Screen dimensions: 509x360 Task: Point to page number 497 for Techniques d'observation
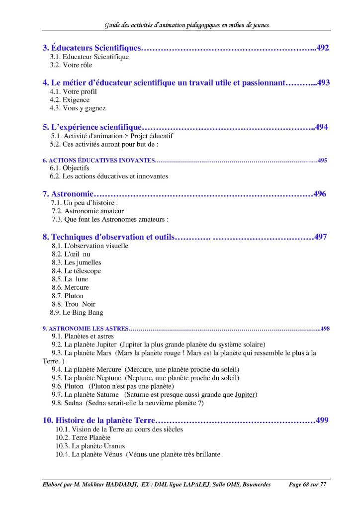pyautogui.click(x=321, y=237)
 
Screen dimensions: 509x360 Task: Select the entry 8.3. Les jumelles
pyautogui.click(x=77, y=262)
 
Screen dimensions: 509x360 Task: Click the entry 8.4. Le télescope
pyautogui.click(x=76, y=271)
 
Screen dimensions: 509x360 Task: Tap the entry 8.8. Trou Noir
pyautogui.click(x=74, y=304)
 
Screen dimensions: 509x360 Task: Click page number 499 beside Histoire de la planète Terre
pyautogui.click(x=322, y=421)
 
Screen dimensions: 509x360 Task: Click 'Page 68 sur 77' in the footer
pyautogui.click(x=309, y=485)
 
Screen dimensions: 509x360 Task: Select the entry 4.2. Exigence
pyautogui.click(x=70, y=100)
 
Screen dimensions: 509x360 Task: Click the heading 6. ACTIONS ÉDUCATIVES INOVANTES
pyautogui.click(x=99, y=161)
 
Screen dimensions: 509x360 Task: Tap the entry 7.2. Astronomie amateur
pyautogui.click(x=88, y=211)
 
